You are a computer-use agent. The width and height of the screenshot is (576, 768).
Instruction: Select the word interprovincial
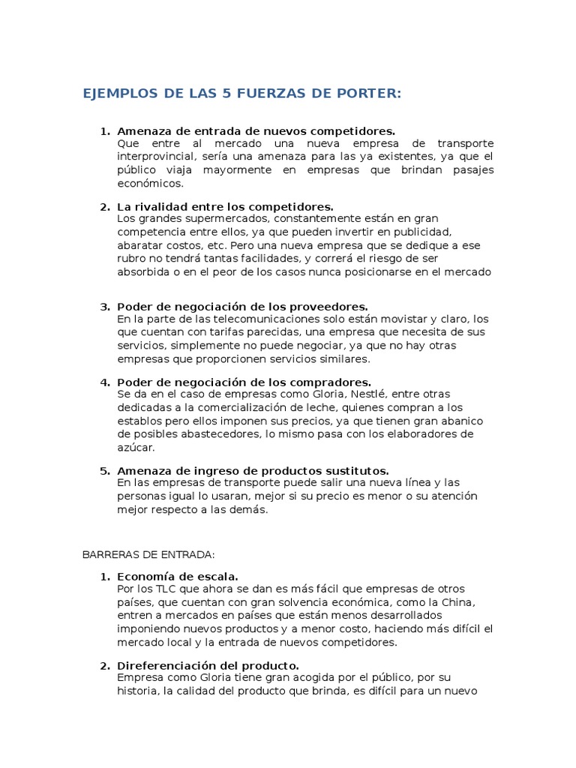pyautogui.click(x=154, y=156)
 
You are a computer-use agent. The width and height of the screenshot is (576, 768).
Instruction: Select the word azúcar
pyautogui.click(x=135, y=447)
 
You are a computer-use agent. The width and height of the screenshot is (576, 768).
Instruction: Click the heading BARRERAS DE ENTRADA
pyautogui.click(x=148, y=554)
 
